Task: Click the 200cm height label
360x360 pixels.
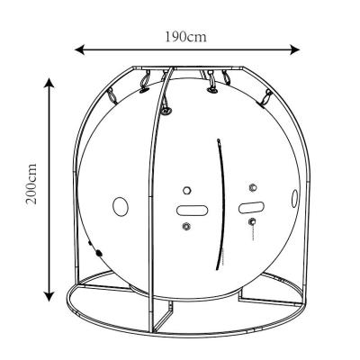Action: pos(31,188)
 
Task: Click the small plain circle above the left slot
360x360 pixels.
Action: pos(187,190)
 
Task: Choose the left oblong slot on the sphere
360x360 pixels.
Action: pos(190,210)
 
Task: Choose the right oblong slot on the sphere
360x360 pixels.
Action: pos(250,207)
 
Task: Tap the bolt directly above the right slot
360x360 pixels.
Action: pos(252,188)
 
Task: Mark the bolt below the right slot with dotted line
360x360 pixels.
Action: pos(253,221)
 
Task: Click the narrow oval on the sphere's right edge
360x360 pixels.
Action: pos(292,200)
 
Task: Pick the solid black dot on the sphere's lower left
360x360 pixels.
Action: pos(99,255)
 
